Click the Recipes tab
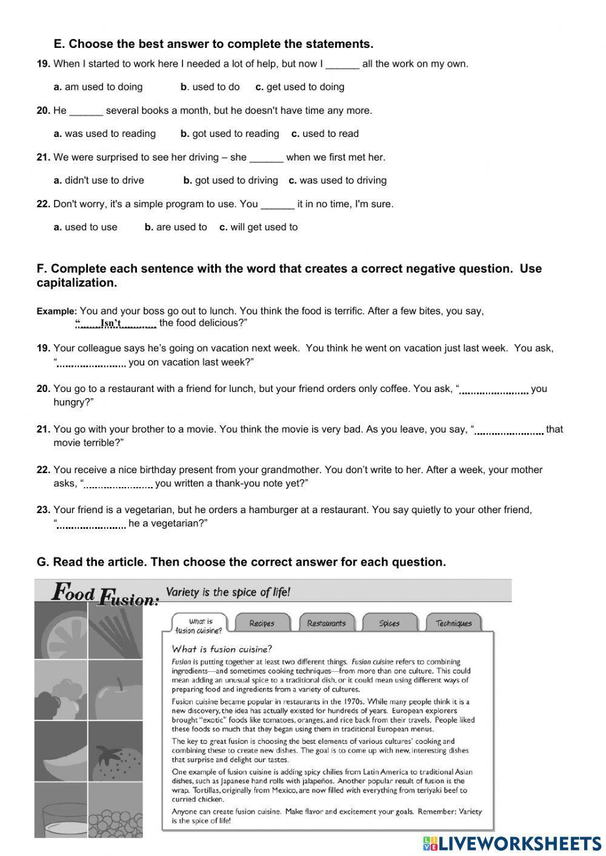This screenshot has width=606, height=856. (x=262, y=623)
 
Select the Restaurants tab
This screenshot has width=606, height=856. (x=326, y=623)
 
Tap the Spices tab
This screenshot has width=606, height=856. (x=389, y=623)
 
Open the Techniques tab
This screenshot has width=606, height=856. (x=453, y=623)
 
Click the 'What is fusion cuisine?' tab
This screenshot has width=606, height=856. (x=201, y=625)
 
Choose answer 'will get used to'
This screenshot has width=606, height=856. (x=264, y=227)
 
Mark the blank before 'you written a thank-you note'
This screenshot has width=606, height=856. (x=118, y=485)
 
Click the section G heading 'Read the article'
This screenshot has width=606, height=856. (x=241, y=562)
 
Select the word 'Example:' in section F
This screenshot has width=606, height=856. (x=56, y=311)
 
